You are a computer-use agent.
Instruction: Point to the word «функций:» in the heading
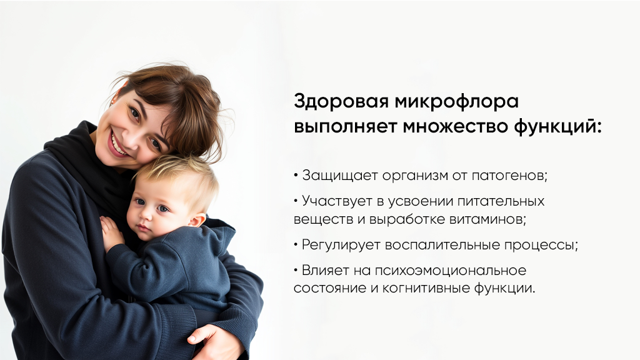click(x=557, y=126)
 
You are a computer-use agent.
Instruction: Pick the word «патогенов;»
click(x=512, y=176)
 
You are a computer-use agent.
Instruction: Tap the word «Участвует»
click(x=337, y=201)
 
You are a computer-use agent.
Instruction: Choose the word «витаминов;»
click(x=488, y=219)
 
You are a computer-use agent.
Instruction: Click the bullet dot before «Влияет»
click(x=296, y=271)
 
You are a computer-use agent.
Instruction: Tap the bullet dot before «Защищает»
click(x=296, y=176)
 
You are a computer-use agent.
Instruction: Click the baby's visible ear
click(x=196, y=220)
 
